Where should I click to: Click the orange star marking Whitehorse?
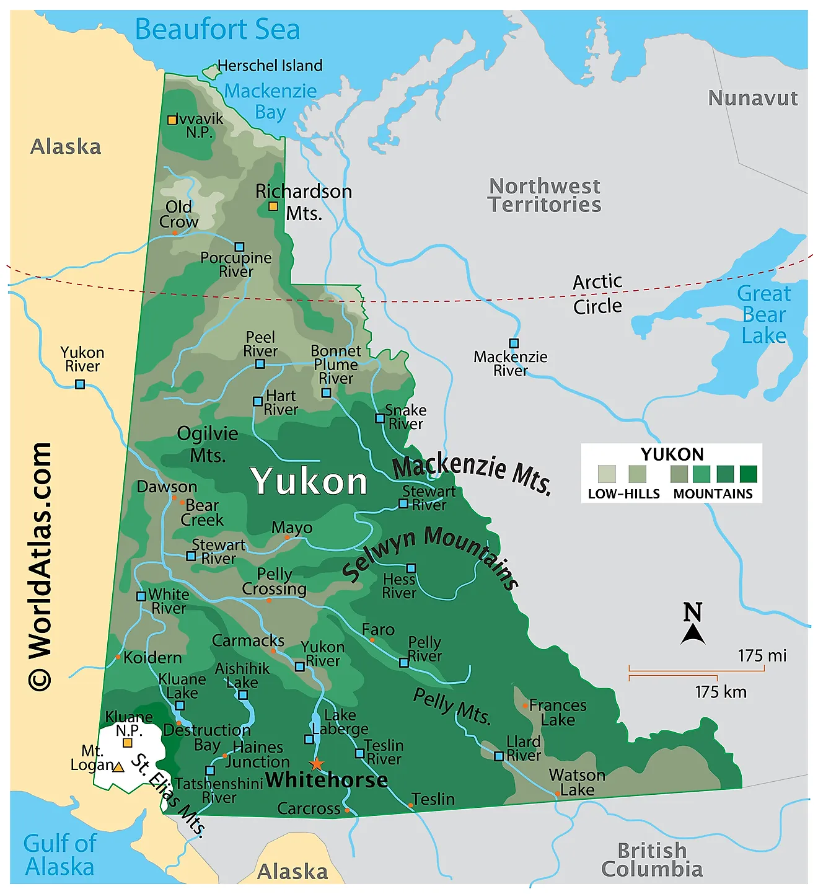(317, 764)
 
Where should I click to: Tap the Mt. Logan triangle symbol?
(118, 767)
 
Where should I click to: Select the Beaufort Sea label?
(217, 30)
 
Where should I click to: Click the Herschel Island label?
(270, 66)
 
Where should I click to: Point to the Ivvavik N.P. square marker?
(172, 120)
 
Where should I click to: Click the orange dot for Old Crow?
(175, 233)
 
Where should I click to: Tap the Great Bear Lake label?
(763, 314)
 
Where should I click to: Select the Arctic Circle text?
(597, 294)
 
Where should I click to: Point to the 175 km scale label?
(720, 692)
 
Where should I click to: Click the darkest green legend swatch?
(748, 474)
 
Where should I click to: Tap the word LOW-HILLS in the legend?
(623, 494)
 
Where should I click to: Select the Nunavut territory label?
(752, 98)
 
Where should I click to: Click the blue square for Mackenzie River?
(514, 343)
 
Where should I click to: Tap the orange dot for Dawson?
(174, 498)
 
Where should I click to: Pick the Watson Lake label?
(577, 782)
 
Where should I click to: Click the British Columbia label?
(652, 859)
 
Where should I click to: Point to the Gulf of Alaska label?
(59, 855)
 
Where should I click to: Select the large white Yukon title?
(309, 482)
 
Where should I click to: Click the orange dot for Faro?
(372, 640)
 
